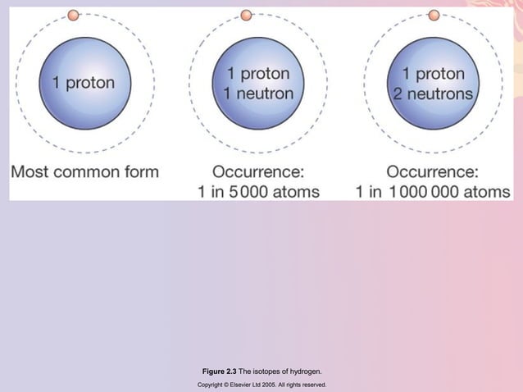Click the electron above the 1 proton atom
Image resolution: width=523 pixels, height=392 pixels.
[73, 15]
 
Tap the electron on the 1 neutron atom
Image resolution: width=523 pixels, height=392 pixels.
[246, 15]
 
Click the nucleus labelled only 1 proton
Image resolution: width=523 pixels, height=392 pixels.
[83, 83]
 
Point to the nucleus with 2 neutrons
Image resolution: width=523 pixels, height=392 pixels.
[432, 83]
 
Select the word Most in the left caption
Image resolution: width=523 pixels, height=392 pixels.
[31, 172]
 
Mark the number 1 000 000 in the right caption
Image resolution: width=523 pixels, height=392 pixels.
[424, 192]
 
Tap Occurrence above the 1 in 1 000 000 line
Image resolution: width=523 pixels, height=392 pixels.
[432, 172]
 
